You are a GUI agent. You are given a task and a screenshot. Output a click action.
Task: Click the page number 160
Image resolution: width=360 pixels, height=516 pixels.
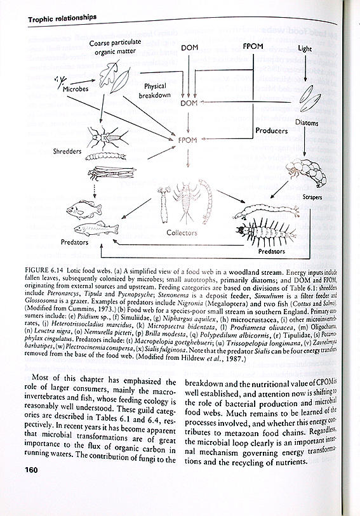[33, 470]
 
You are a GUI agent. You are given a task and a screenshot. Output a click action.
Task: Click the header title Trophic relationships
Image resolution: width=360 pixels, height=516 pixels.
[62, 18]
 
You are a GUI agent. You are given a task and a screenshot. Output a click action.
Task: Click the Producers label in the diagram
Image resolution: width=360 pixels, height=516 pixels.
[272, 131]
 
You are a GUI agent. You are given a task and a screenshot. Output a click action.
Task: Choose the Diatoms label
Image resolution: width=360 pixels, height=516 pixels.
[307, 122]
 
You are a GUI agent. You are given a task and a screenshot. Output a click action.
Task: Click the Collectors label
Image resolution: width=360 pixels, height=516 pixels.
[182, 232]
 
